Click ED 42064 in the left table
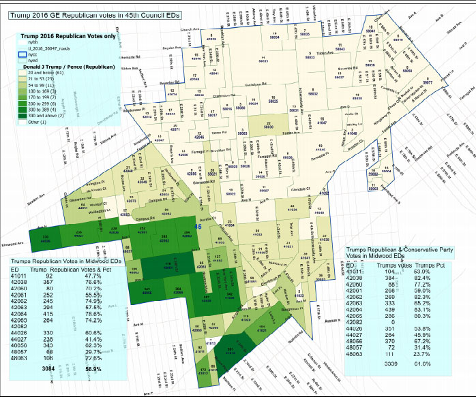point(20,312)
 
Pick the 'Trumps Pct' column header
point(431,264)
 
